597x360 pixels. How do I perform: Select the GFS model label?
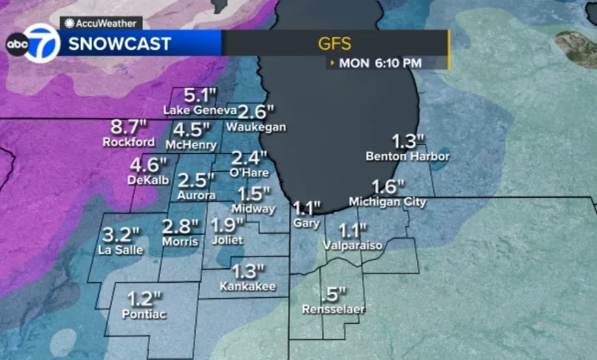click(335, 43)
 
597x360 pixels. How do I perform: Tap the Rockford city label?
click(128, 142)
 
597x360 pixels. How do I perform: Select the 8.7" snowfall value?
click(128, 126)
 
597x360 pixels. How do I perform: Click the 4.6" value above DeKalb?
click(148, 164)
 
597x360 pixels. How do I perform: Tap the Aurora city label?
click(197, 196)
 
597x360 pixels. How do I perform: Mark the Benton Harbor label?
click(407, 156)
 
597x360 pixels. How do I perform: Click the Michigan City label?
click(387, 201)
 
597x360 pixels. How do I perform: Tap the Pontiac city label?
click(144, 314)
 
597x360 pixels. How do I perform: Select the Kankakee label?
click(247, 286)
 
